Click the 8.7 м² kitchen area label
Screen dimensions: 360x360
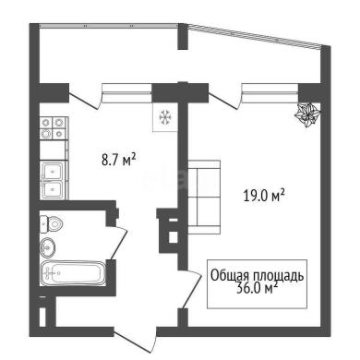click(119, 160)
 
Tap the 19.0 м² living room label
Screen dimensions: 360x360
click(264, 196)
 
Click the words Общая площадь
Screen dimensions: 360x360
click(257, 276)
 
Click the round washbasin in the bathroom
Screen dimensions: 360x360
click(48, 246)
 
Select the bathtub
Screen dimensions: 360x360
click(74, 273)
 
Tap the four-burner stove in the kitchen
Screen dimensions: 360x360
click(53, 128)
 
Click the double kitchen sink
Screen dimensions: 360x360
click(54, 180)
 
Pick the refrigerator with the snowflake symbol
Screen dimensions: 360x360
click(165, 117)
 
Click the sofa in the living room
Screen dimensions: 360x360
click(204, 197)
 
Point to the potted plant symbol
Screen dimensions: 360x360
click(307, 114)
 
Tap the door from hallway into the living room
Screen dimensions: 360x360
click(190, 289)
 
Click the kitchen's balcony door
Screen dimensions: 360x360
click(84, 98)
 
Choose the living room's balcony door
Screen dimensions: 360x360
click(224, 98)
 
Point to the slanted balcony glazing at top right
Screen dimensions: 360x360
click(255, 35)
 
